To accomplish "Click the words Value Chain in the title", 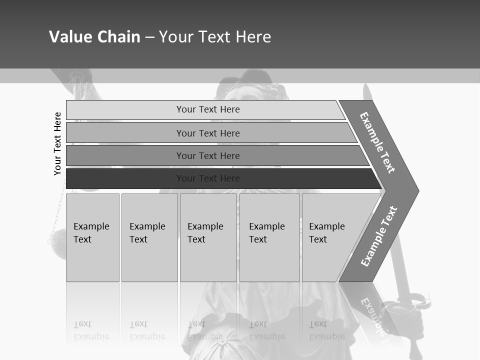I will (94, 37).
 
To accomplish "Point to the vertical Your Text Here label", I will (58, 143).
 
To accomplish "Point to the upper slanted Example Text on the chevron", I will (377, 142).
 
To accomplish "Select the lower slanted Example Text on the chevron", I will (379, 236).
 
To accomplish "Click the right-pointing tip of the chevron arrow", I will (416, 191).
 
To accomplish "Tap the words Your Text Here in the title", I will (215, 37).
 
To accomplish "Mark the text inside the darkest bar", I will (208, 178).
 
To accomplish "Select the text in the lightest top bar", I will (208, 109).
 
